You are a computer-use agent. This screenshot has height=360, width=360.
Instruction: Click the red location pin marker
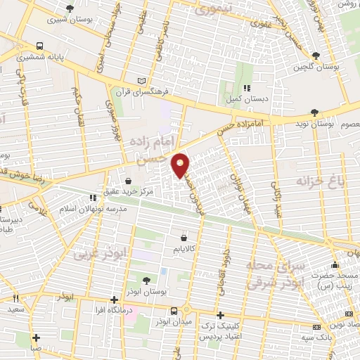pyautogui.click(x=181, y=165)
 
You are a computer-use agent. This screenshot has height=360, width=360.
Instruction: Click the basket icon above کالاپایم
pyautogui.click(x=184, y=238)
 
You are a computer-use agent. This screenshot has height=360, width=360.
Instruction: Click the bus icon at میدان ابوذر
pyautogui.click(x=174, y=311)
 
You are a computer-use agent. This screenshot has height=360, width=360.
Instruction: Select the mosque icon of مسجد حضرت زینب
pyautogui.click(x=335, y=266)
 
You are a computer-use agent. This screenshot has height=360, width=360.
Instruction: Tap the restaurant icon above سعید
pyautogui.click(x=15, y=299)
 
